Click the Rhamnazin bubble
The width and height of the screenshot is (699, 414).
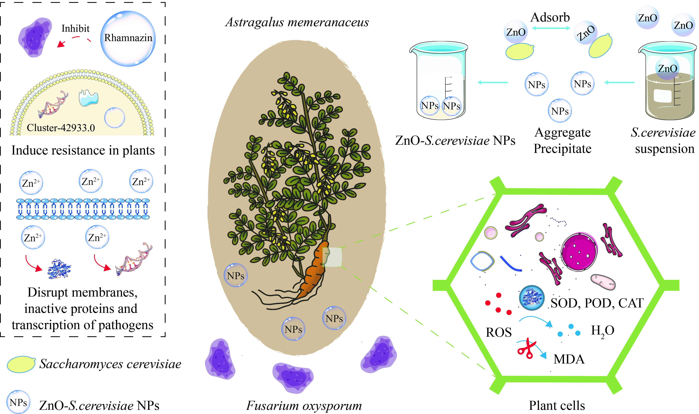click(x=128, y=38)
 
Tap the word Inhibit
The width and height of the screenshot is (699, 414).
click(x=75, y=28)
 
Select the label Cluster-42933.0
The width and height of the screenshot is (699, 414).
click(x=61, y=128)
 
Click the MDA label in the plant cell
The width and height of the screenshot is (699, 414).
click(x=569, y=359)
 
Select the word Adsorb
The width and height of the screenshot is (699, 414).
click(x=550, y=18)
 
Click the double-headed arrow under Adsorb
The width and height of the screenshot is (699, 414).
click(x=551, y=28)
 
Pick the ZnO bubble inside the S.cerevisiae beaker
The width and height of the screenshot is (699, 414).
click(x=667, y=68)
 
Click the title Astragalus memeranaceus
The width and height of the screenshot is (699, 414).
click(x=297, y=22)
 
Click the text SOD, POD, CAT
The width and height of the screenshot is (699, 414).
click(x=597, y=303)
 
